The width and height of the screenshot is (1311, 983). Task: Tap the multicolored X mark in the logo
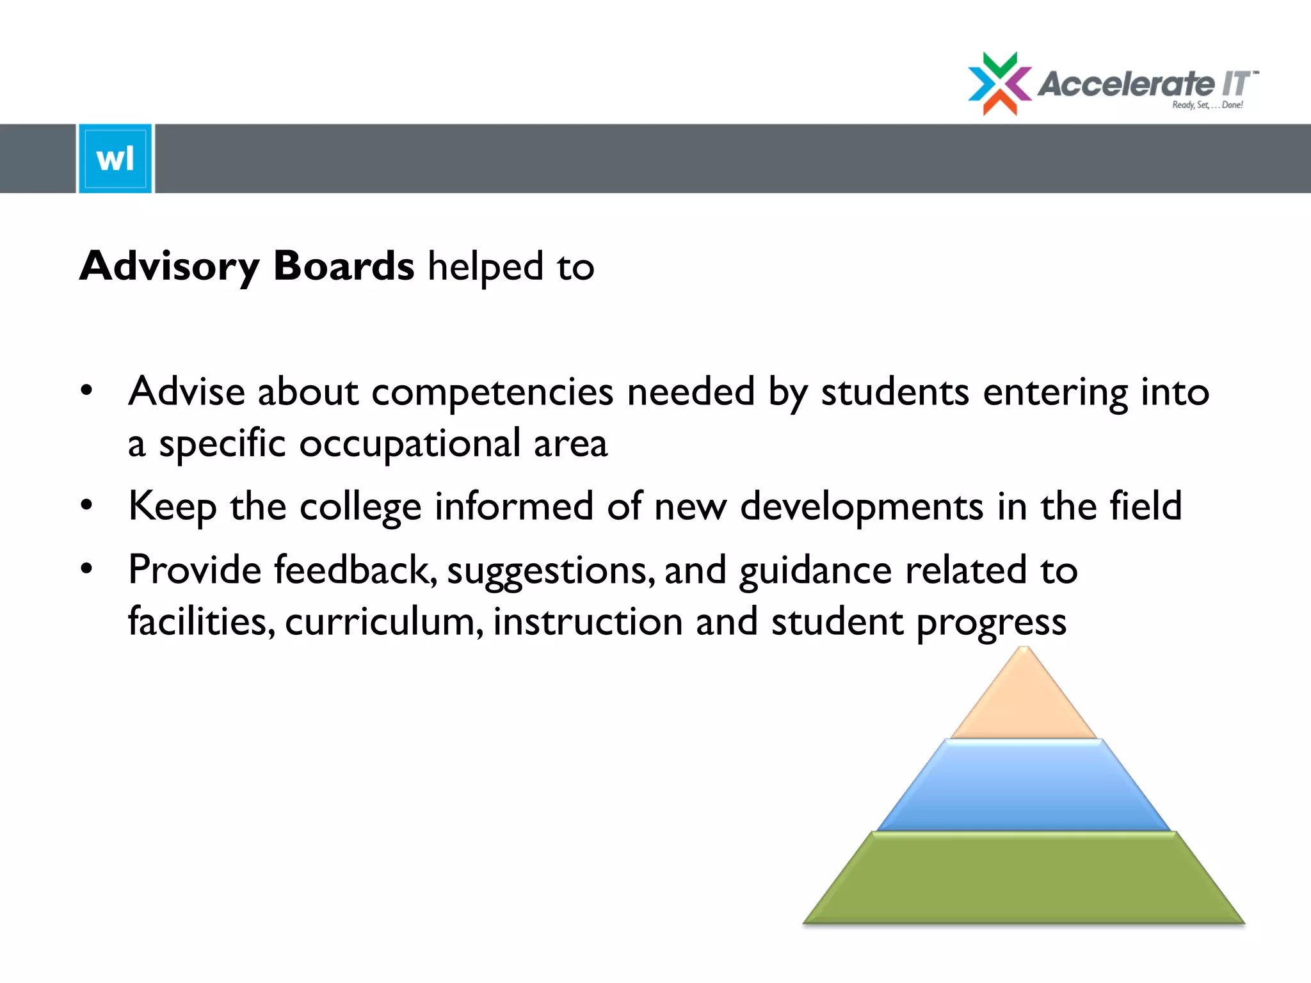tap(999, 84)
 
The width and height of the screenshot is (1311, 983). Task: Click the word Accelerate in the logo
tap(1125, 84)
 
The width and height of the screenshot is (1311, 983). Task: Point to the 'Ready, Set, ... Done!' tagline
tap(1207, 105)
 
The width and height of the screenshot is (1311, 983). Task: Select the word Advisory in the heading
tap(170, 266)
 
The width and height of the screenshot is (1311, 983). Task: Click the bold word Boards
tap(344, 266)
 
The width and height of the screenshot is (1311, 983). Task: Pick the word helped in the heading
tap(485, 266)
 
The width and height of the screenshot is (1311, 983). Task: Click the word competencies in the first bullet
tap(492, 392)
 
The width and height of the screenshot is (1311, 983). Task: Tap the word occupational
tap(410, 444)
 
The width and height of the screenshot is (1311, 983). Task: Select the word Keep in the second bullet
tap(172, 507)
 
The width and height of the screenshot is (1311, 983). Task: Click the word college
tap(360, 507)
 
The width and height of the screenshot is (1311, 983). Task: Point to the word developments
tap(862, 507)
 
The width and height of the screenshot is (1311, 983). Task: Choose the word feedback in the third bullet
tap(355, 570)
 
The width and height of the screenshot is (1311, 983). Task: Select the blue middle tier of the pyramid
tap(1024, 786)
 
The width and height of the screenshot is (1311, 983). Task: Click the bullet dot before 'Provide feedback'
tap(87, 568)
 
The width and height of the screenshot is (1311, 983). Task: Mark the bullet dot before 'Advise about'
tap(87, 390)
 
